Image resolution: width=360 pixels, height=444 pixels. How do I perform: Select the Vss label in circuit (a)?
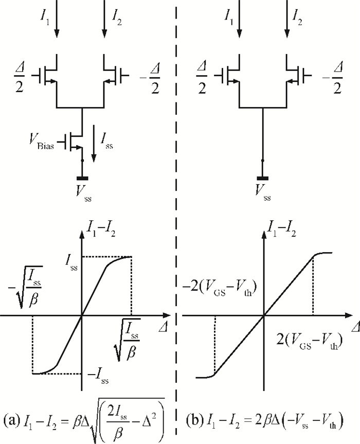click(x=83, y=193)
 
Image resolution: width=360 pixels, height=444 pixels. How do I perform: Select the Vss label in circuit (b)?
click(x=263, y=193)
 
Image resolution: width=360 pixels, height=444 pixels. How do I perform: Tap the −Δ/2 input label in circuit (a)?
click(x=150, y=78)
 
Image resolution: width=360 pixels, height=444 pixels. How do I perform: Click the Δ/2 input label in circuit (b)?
click(x=202, y=78)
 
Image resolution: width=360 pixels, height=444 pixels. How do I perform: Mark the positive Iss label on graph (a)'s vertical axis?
click(x=71, y=263)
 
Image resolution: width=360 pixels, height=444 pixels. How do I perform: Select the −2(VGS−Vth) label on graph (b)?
click(x=220, y=289)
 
